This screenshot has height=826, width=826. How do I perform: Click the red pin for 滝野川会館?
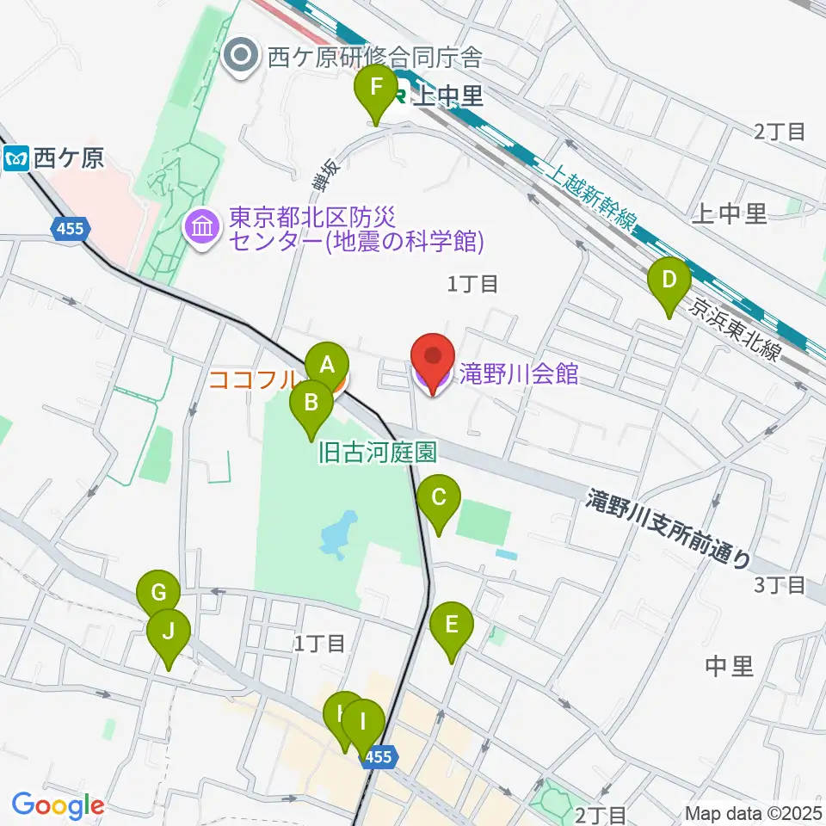coord(433,361)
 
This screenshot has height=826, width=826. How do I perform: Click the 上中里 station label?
coord(448,96)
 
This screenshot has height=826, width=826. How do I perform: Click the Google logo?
coord(58,805)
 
